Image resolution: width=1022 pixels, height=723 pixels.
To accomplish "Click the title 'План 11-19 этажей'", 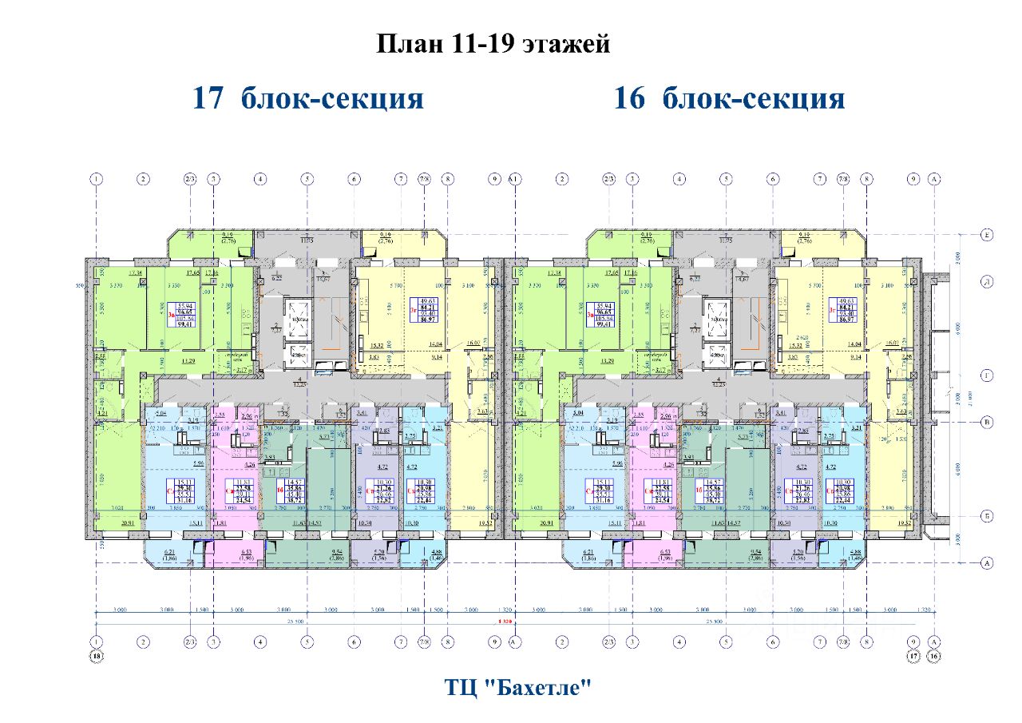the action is pos(493,43).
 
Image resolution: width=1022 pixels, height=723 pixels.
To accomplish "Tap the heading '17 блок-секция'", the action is pos(307,98).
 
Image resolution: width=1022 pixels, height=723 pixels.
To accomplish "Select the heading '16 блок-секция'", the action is pos(729,98).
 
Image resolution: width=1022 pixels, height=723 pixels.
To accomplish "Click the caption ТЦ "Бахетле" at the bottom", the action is pos(518,686).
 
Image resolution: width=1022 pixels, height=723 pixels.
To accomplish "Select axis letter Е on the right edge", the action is pos(987,235).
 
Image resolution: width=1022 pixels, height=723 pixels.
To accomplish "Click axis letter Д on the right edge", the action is pos(987,281).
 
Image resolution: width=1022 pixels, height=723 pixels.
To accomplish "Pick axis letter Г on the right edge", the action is pos(987,375).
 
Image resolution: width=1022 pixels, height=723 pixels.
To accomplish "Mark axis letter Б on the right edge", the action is pos(987,516).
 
